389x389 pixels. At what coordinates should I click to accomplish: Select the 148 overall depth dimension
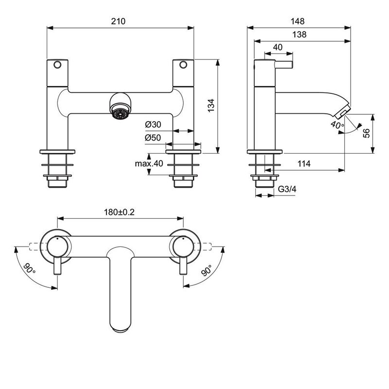[x=299, y=21]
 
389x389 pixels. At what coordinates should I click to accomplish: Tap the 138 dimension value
[x=301, y=35]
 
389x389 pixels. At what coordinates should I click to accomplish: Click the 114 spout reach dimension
[x=303, y=164]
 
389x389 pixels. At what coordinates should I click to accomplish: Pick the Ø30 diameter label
[x=153, y=125]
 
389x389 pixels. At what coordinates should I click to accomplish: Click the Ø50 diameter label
[x=153, y=138]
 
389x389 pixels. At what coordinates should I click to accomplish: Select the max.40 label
[x=149, y=163]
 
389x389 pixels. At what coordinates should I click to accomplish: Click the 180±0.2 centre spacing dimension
[x=119, y=212]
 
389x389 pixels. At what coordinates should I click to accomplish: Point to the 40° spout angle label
[x=336, y=124]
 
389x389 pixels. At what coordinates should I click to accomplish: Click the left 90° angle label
[x=30, y=268]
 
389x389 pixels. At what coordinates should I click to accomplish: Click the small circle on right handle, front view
[x=183, y=65]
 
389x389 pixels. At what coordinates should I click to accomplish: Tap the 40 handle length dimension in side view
[x=278, y=48]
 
